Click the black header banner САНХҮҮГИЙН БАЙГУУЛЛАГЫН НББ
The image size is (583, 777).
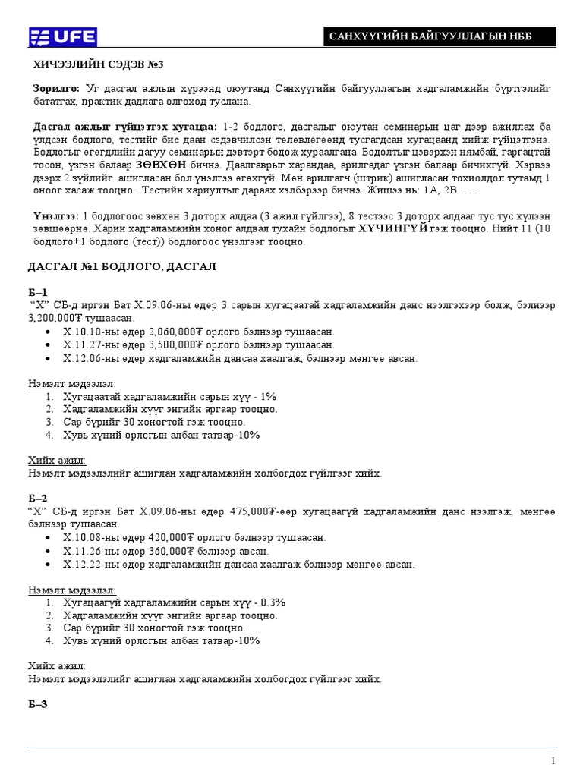click(440, 37)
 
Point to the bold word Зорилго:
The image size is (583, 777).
click(56, 89)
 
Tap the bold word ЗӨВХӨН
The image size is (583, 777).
click(161, 163)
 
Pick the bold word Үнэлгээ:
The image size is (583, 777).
click(56, 216)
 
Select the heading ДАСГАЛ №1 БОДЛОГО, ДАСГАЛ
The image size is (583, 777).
click(122, 266)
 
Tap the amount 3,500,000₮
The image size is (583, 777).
click(181, 344)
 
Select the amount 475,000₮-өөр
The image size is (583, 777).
click(263, 511)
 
